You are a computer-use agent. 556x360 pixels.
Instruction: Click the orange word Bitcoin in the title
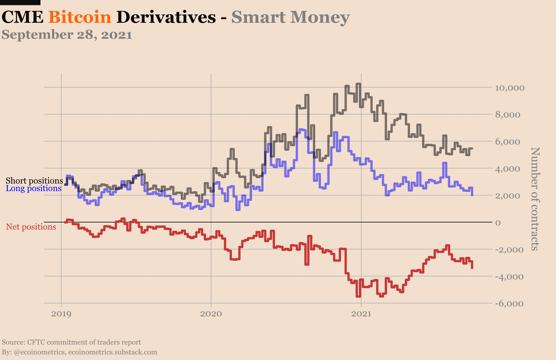click(x=80, y=17)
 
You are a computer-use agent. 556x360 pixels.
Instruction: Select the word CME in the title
click(x=22, y=17)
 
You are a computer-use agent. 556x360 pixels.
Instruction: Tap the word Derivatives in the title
click(x=166, y=17)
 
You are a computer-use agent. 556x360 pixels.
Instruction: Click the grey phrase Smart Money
click(x=290, y=17)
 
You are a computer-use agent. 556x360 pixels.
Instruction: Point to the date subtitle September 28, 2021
click(x=67, y=35)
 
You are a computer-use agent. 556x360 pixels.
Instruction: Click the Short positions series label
click(x=34, y=181)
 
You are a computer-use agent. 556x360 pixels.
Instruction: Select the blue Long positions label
click(x=34, y=188)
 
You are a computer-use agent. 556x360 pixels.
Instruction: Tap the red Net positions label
click(x=31, y=227)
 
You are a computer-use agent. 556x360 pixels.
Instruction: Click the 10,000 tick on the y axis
click(x=510, y=88)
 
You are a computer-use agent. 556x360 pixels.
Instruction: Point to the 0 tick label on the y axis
click(x=498, y=223)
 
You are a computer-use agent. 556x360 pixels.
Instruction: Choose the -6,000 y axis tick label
click(x=509, y=303)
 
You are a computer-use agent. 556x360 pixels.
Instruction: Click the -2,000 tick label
click(x=509, y=250)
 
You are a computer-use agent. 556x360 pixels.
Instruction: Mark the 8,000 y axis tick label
click(x=508, y=115)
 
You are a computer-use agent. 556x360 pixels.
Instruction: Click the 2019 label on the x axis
click(x=61, y=314)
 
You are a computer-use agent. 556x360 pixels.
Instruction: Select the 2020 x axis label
click(x=211, y=314)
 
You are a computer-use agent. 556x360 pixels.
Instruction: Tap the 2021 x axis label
click(x=361, y=314)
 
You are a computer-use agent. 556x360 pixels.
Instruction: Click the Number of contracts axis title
click(x=535, y=199)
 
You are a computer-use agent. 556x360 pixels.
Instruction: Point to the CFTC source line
click(x=71, y=342)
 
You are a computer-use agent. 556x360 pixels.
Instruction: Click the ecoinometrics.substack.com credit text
click(x=113, y=352)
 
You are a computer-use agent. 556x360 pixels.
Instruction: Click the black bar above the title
click(x=20, y=2)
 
